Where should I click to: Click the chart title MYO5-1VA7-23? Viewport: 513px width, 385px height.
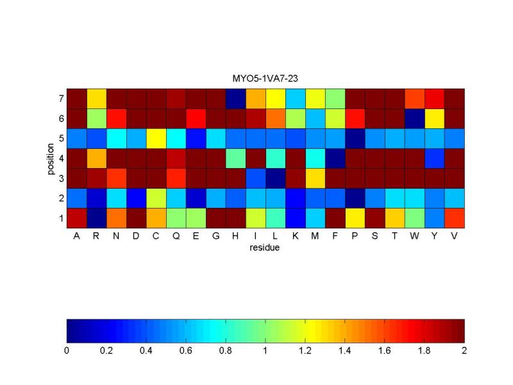[x=265, y=78]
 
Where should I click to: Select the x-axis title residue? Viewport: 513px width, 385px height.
[x=264, y=248]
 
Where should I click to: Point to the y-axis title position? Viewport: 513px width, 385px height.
[x=51, y=158]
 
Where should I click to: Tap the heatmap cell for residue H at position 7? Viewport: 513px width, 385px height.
[x=235, y=99]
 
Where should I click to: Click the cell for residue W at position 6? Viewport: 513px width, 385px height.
[x=414, y=119]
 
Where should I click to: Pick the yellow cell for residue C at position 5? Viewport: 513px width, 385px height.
[x=156, y=139]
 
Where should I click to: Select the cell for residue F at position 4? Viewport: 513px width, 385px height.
[x=335, y=158]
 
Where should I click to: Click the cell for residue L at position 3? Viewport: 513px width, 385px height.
[x=276, y=178]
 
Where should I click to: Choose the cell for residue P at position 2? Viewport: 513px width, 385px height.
[x=355, y=198]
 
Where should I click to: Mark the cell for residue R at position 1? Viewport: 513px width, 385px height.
[x=97, y=218]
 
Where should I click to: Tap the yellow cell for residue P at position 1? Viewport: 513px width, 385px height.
[x=355, y=218]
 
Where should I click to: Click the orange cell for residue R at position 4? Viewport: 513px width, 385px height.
[x=97, y=158]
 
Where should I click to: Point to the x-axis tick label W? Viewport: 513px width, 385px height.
[x=414, y=235]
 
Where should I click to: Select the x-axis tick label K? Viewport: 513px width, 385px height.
[x=295, y=235]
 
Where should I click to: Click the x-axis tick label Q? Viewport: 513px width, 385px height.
[x=176, y=236]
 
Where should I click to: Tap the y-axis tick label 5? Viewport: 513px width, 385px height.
[x=61, y=139]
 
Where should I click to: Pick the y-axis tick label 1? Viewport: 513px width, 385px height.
[x=61, y=218]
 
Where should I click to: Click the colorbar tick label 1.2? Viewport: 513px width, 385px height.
[x=305, y=350]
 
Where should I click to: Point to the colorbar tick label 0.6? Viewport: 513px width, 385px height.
[x=185, y=350]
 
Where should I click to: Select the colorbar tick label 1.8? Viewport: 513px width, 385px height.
[x=425, y=350]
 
